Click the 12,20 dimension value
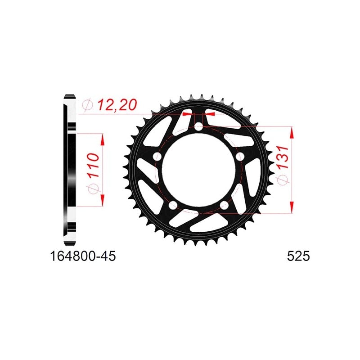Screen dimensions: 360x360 (x=117, y=105)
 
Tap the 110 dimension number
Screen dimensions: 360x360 (x=94, y=165)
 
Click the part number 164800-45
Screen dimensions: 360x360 (x=83, y=256)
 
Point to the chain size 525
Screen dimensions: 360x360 (x=298, y=256)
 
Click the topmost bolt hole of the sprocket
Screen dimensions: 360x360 (x=198, y=126)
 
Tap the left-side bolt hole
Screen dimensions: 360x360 (x=157, y=157)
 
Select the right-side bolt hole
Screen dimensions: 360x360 (x=240, y=157)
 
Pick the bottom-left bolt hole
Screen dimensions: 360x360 (x=173, y=205)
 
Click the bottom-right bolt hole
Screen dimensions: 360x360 (x=224, y=205)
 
